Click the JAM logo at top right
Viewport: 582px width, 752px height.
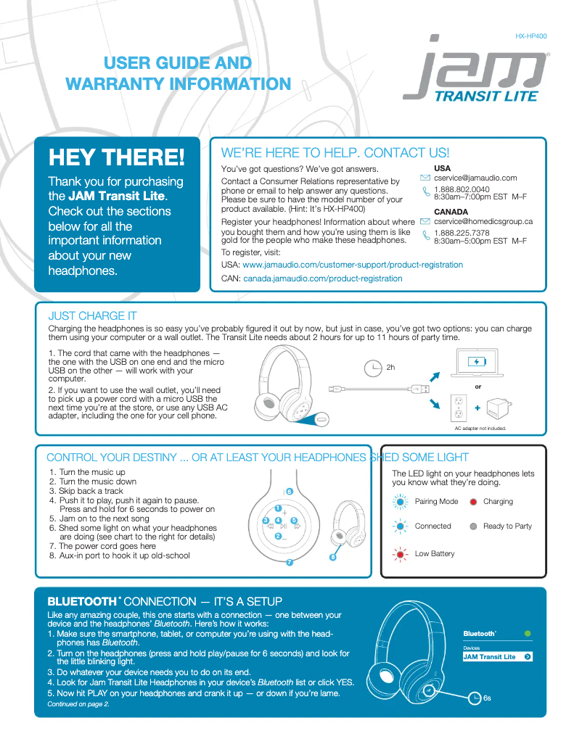(x=475, y=70)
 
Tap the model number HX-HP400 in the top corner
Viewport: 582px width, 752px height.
(x=531, y=36)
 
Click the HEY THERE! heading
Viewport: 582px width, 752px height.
(x=116, y=157)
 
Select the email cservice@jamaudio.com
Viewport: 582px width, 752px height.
(x=475, y=178)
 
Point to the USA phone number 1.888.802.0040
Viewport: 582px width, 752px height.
(x=462, y=189)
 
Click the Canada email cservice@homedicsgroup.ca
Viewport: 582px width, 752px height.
(x=483, y=221)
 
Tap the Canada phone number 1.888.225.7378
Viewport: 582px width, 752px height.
(x=462, y=234)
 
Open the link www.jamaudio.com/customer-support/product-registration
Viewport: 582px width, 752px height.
(x=352, y=265)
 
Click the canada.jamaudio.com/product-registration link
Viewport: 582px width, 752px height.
(x=322, y=278)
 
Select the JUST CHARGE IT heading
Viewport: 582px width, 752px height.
(x=92, y=316)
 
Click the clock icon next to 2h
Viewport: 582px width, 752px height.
(x=372, y=368)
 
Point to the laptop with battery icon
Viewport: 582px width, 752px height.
(x=477, y=362)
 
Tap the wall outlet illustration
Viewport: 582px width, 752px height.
(x=458, y=408)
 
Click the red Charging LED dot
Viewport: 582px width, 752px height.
(x=473, y=502)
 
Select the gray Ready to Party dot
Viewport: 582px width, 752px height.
(x=473, y=526)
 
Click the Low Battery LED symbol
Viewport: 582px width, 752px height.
(x=400, y=554)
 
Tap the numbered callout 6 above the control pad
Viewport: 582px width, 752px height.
(x=289, y=492)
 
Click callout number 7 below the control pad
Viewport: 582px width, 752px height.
(x=289, y=562)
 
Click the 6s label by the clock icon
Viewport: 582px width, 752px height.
(x=487, y=698)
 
